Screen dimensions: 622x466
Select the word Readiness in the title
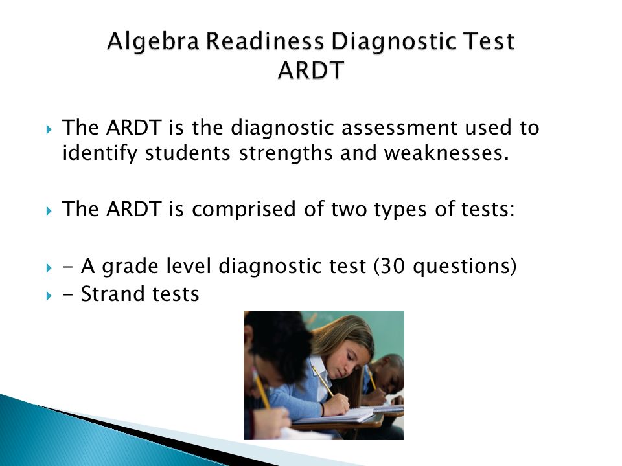[x=265, y=41]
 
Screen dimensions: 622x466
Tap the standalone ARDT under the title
[x=310, y=71]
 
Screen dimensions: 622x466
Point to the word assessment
[x=398, y=128]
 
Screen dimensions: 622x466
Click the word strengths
[x=286, y=153]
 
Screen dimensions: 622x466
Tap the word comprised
[x=244, y=210]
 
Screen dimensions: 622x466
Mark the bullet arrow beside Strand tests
[x=49, y=295]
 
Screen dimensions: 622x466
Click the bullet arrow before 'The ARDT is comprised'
[x=49, y=210]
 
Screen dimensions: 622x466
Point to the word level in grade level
[x=189, y=266]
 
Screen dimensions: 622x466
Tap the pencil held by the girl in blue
[x=323, y=381]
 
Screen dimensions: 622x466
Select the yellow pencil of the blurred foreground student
[x=262, y=392]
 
